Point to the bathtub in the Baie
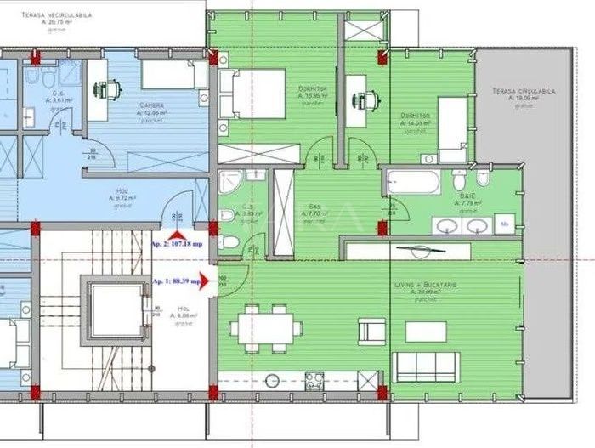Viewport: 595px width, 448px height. point(412,182)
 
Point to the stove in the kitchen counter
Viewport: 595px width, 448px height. point(314,380)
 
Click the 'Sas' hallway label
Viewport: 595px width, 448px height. point(314,206)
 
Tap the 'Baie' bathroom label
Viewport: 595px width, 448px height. point(468,196)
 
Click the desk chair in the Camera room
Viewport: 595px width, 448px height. point(110,88)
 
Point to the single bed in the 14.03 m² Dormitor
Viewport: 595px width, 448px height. point(451,128)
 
